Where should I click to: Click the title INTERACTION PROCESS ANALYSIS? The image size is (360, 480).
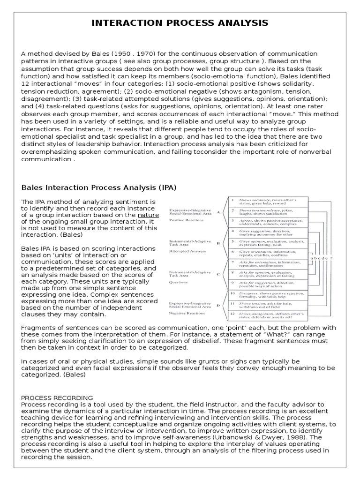pyautogui.click(x=180, y=23)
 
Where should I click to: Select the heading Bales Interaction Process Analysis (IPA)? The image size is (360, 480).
pyautogui.click(x=99, y=188)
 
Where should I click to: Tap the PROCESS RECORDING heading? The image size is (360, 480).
pyautogui.click(x=57, y=397)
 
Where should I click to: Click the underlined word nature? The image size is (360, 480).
pyautogui.click(x=148, y=215)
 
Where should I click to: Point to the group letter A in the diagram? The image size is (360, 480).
pyautogui.click(x=218, y=212)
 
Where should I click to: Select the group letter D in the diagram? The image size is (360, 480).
pyautogui.click(x=218, y=306)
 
